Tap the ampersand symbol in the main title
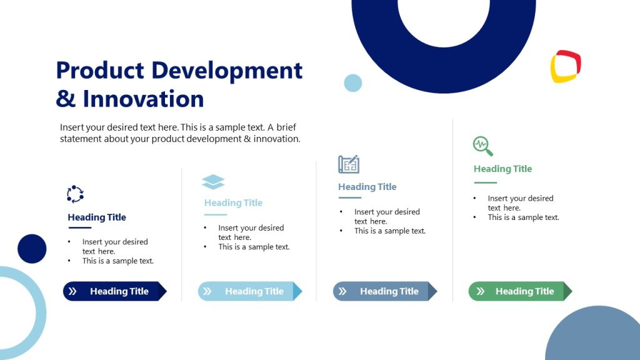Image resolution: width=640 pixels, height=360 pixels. (x=66, y=99)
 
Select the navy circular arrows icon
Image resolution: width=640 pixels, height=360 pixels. (x=75, y=194)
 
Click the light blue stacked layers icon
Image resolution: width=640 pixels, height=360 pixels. (x=213, y=182)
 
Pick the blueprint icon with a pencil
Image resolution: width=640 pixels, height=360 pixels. (x=349, y=164)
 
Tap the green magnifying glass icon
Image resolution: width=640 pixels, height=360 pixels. (x=482, y=146)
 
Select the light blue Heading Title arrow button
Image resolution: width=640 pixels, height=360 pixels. (x=249, y=291)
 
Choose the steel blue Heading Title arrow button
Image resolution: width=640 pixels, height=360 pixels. (x=384, y=291)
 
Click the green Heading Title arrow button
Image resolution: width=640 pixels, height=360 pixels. (x=520, y=291)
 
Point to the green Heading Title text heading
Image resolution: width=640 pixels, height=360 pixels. (x=502, y=169)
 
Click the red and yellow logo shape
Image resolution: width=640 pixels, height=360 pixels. (x=566, y=66)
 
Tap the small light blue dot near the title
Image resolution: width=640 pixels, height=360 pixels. (x=353, y=83)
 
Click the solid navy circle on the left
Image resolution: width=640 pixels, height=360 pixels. (x=32, y=249)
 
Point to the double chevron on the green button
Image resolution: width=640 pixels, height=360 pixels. (x=480, y=291)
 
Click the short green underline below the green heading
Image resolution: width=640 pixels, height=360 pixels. (x=485, y=182)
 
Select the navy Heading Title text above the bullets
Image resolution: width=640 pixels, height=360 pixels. (x=97, y=217)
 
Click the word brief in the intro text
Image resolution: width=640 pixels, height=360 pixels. (x=286, y=127)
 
